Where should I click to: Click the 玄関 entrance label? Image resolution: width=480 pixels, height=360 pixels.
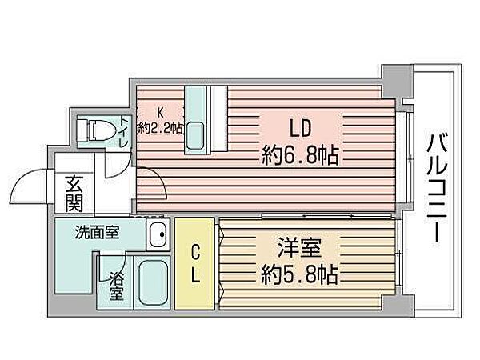74,192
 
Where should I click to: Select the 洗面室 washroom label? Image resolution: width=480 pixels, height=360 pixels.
98,234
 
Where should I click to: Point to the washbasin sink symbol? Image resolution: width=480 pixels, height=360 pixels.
158,235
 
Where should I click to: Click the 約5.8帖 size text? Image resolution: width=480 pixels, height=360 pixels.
297,276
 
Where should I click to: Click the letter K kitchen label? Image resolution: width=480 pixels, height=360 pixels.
160,112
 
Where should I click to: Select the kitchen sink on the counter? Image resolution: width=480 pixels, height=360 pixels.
194,138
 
